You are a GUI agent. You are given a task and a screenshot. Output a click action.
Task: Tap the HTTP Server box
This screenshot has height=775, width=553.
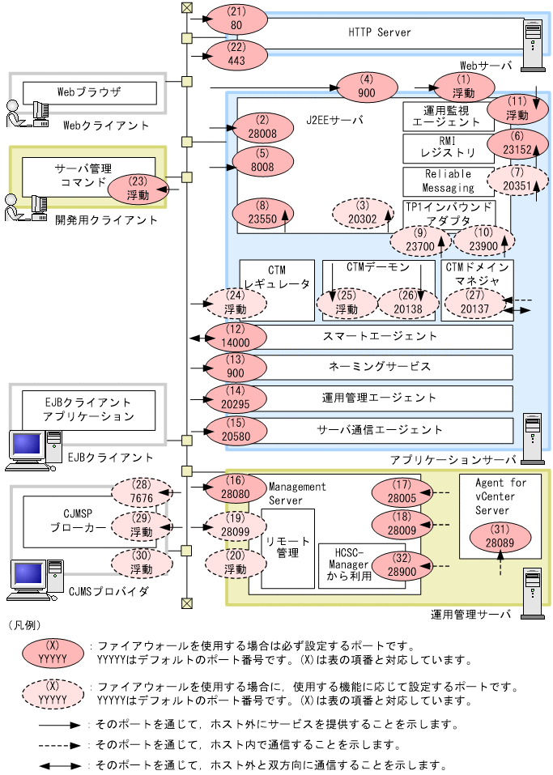tap(380, 33)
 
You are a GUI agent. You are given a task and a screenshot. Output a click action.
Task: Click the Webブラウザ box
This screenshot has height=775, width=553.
tap(89, 92)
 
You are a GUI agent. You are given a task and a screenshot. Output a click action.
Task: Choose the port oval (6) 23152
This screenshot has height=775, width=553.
tap(517, 143)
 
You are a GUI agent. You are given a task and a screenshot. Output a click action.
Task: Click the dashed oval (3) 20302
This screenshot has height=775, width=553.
tap(362, 213)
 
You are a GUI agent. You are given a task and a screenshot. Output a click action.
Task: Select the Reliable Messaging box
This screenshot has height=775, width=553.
tap(448, 181)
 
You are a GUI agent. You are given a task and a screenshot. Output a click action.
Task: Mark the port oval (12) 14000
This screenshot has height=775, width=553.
tap(236, 336)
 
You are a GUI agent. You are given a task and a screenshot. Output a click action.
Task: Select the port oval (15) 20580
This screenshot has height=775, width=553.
tap(236, 429)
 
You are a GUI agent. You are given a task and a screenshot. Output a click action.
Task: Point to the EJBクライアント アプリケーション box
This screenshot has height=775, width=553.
tap(89, 407)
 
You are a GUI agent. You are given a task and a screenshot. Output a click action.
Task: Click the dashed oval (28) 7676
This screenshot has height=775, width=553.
tap(142, 490)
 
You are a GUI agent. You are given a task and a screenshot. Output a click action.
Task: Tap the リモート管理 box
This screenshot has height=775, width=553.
tap(287, 548)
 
